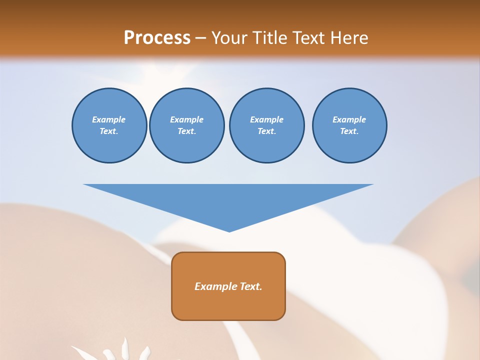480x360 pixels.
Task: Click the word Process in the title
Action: pyautogui.click(x=157, y=37)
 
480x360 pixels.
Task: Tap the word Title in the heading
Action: pyautogui.click(x=269, y=37)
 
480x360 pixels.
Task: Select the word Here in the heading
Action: pyautogui.click(x=349, y=37)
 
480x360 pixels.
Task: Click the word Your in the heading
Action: pyautogui.click(x=229, y=37)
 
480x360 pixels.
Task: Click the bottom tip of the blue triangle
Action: pyautogui.click(x=229, y=231)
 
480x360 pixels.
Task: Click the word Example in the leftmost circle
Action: pyautogui.click(x=109, y=119)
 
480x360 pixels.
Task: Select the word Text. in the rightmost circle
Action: pyautogui.click(x=349, y=131)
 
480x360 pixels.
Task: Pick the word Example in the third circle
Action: pyautogui.click(x=266, y=119)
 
